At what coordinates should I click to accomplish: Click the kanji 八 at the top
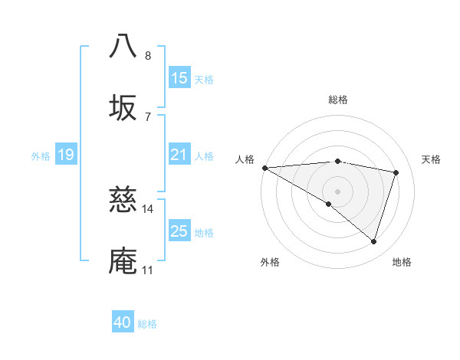coord(124,46)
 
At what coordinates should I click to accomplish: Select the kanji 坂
coord(124,108)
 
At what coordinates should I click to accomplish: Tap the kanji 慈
coord(124,200)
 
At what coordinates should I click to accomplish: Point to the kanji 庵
coord(124,261)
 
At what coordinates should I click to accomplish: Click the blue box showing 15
coord(179,77)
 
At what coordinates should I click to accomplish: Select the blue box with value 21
coord(179,155)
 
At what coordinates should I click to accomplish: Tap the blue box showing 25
coord(179,231)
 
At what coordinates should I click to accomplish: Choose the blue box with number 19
coord(66,155)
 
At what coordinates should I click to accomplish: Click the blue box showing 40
coord(123,322)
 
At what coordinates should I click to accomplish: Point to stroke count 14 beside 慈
coord(147,208)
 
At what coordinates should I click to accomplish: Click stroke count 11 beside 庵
coord(147,270)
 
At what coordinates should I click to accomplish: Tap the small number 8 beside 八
coord(147,55)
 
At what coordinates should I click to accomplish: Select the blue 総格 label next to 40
coord(147,323)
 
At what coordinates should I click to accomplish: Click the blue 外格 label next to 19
coord(41,155)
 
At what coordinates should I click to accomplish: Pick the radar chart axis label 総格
coord(337,100)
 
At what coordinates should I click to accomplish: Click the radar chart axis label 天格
coord(431,159)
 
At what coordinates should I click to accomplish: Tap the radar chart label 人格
coord(245,159)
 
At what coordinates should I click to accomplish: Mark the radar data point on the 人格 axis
coord(264,167)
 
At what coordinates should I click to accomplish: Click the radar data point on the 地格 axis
coord(373,242)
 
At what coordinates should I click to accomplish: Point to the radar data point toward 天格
coord(396,172)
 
